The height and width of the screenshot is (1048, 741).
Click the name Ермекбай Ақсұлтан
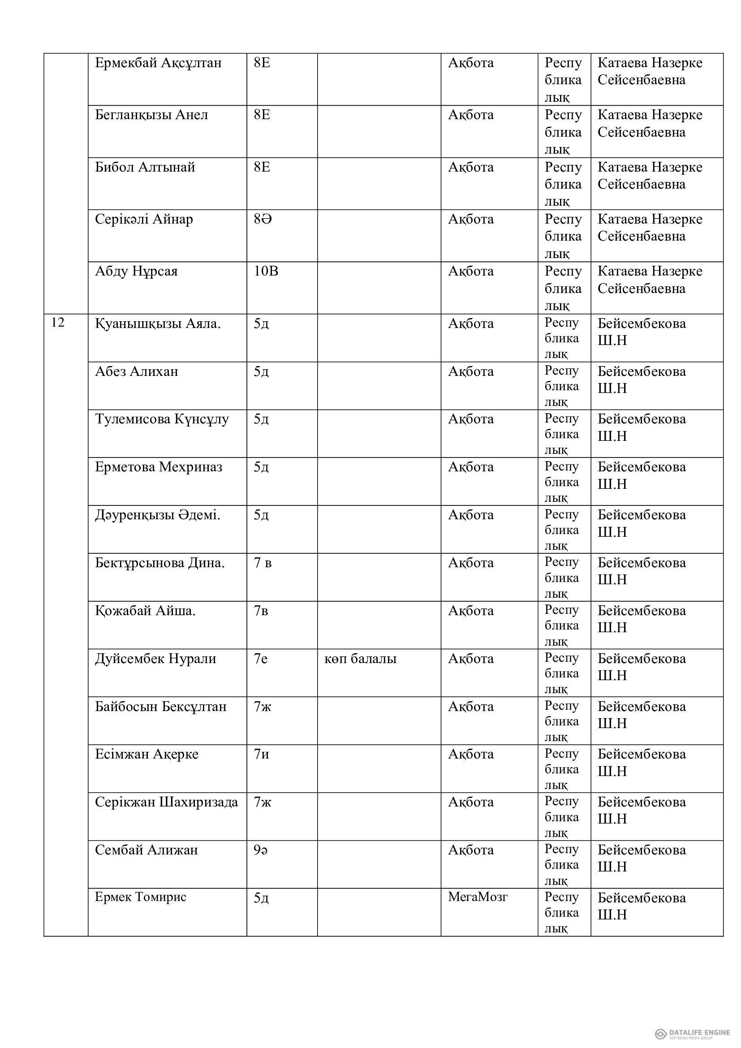[x=158, y=63]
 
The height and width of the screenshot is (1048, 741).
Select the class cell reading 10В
[x=266, y=272]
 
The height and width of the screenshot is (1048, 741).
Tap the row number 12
[x=57, y=323]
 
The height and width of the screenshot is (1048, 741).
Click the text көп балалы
[x=360, y=659]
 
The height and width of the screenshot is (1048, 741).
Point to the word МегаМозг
[x=477, y=897]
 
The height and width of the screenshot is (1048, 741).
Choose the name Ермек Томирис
[x=141, y=897]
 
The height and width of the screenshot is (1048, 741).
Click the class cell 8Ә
[x=263, y=220]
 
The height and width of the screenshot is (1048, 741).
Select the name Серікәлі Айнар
[x=144, y=220]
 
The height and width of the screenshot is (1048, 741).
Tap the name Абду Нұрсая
[x=136, y=272]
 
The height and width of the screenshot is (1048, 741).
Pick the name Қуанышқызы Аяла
[x=157, y=324]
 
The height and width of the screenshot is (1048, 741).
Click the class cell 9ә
[x=261, y=850]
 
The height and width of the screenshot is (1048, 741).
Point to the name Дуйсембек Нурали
[x=155, y=659]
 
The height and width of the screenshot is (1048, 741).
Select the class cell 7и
[x=262, y=754]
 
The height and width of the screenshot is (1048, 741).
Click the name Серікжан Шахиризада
[x=166, y=802]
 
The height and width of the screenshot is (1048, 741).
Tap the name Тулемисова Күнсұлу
[x=162, y=419]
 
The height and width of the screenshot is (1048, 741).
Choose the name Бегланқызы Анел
[x=151, y=115]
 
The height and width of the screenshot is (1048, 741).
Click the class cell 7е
[x=261, y=659]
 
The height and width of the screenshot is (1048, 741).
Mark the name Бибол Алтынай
[x=145, y=168]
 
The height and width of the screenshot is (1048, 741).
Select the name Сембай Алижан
[x=146, y=850]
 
